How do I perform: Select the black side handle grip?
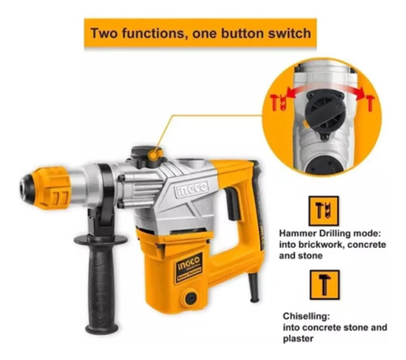pyautogui.click(x=101, y=282)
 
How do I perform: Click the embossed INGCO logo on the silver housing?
pyautogui.click(x=192, y=188)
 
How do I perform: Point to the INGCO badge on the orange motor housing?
pyautogui.click(x=189, y=267)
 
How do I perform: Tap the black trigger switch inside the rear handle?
pyautogui.click(x=232, y=203)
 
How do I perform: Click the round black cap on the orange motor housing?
pyautogui.click(x=191, y=297)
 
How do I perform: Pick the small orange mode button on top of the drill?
pyautogui.click(x=153, y=154)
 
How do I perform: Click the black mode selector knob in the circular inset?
pyautogui.click(x=325, y=115)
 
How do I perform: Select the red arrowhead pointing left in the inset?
pyautogui.click(x=290, y=94)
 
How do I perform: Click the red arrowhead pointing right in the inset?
pyautogui.click(x=361, y=95)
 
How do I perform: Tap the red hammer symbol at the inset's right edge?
pyautogui.click(x=370, y=104)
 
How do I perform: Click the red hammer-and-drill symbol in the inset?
pyautogui.click(x=279, y=102)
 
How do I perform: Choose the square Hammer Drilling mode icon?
pyautogui.click(x=323, y=211)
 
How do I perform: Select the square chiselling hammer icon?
pyautogui.click(x=325, y=284)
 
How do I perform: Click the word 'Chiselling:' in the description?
pyautogui.click(x=306, y=316)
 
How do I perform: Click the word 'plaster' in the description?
pyautogui.click(x=298, y=339)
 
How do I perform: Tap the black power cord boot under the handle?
pyautogui.click(x=253, y=287)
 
